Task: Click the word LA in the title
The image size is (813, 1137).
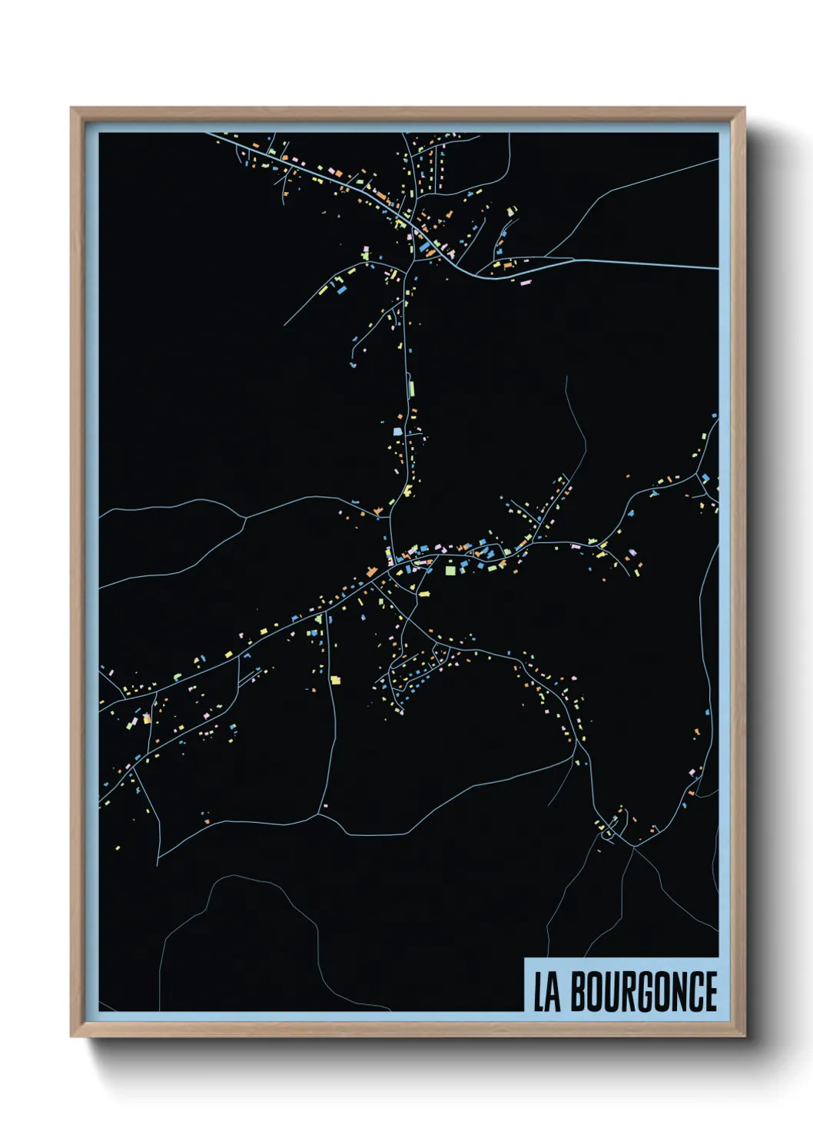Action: [547, 993]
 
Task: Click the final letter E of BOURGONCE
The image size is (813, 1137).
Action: [710, 992]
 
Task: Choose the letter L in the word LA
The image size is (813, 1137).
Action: [539, 993]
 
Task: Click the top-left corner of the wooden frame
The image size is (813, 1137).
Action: [71, 108]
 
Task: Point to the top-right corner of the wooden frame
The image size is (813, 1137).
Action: [744, 108]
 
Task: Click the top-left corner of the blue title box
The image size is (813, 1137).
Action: [525, 958]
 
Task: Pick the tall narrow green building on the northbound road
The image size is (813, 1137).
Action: [411, 386]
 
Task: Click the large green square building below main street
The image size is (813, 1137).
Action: [450, 570]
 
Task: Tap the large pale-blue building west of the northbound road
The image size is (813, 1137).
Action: [398, 431]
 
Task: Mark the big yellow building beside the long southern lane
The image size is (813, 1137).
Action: [335, 680]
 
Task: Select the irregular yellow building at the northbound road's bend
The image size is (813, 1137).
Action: [408, 490]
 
